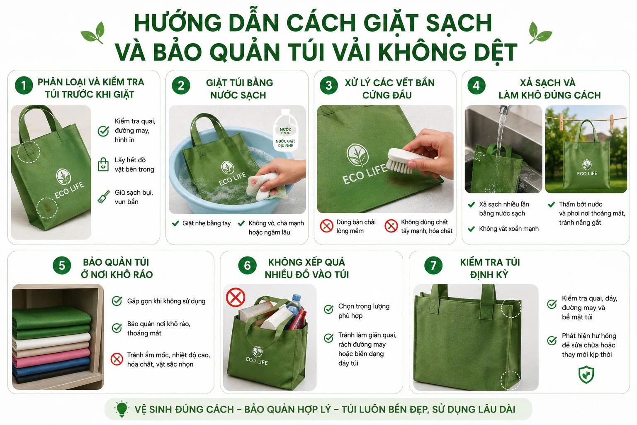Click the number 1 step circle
pos(24,85)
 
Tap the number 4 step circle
pos(477,85)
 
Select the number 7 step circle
pos(433,265)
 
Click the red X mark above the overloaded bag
pos(236,297)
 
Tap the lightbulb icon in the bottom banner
pos(122,409)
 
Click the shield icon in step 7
pos(586,375)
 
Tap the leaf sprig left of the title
pos(93,33)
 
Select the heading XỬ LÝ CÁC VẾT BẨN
pos(389,83)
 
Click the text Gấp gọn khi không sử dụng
pos(166,301)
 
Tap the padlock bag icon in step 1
pos(103,164)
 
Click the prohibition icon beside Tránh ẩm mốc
pos(117,359)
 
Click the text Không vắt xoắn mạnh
pos(509,229)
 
